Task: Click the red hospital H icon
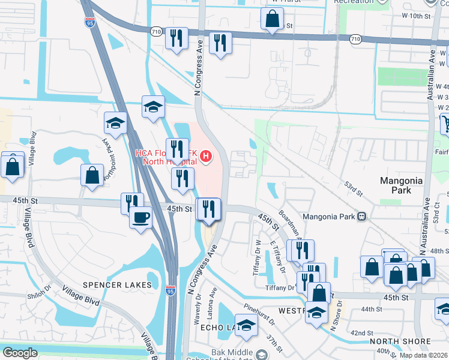(x=206, y=157)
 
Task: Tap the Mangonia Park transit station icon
(x=361, y=216)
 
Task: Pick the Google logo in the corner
(x=20, y=353)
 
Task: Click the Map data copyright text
(x=423, y=355)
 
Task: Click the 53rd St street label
(x=354, y=190)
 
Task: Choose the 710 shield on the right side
(x=356, y=39)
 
